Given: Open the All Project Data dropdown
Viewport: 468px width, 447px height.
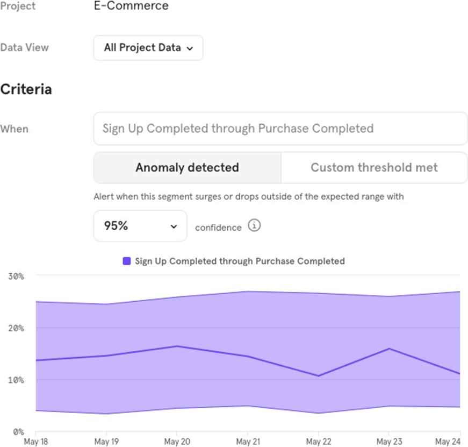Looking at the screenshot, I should [x=148, y=48].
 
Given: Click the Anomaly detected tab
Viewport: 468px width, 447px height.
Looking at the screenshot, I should [x=187, y=167].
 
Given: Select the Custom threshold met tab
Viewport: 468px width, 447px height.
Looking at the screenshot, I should [x=374, y=167].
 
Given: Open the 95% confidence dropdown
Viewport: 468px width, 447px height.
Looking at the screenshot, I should [x=140, y=226].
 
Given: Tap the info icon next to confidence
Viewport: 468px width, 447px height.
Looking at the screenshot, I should [x=255, y=226].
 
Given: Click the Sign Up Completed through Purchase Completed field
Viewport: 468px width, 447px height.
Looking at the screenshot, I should [x=280, y=129].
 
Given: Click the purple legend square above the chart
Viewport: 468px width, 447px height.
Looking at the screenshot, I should [x=127, y=261].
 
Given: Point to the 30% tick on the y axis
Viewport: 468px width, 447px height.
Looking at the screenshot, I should [x=16, y=276].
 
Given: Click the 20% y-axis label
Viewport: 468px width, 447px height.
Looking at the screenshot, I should [x=16, y=328].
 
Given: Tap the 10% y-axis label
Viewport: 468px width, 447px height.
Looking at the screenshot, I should [x=16, y=380].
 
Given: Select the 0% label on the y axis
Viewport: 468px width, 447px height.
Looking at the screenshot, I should [x=18, y=431].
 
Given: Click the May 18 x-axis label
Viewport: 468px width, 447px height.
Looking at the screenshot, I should [x=35, y=442].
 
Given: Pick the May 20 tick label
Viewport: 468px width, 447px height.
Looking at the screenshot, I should [x=177, y=442].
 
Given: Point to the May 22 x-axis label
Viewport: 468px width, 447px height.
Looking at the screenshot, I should [x=318, y=442].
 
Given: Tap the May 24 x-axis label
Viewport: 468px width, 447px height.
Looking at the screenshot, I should [x=448, y=442].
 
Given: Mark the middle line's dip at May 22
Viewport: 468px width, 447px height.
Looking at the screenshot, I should [x=318, y=375].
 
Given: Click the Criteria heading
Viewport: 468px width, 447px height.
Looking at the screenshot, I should [x=26, y=89].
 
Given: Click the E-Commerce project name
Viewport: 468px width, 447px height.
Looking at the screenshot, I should [x=131, y=6].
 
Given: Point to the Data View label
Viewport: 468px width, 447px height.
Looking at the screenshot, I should [x=24, y=47].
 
